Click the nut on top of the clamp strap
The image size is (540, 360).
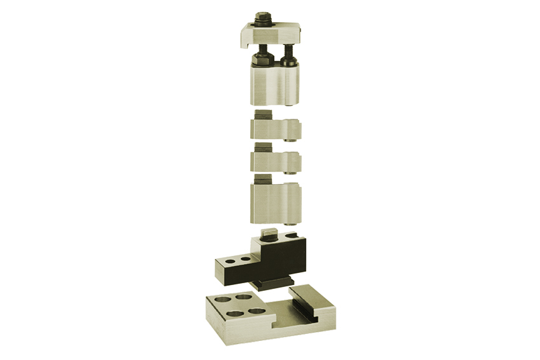(262, 17)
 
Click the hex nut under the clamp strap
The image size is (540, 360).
(262, 60)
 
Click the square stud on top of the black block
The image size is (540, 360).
(269, 232)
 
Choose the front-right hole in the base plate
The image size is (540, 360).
(257, 310)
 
